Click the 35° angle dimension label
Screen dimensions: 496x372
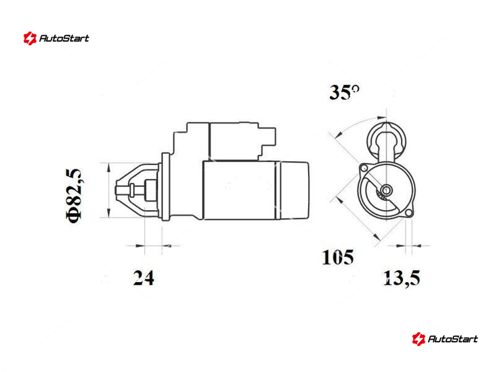tap(345, 92)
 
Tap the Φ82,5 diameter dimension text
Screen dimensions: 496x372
tap(74, 195)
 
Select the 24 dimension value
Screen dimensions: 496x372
tap(144, 278)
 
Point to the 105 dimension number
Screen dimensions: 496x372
tap(337, 257)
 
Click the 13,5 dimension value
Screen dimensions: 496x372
tap(402, 278)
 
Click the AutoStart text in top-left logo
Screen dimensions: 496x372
tap(64, 38)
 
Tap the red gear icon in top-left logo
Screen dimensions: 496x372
tap(30, 38)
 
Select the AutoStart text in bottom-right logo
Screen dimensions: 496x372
tap(453, 339)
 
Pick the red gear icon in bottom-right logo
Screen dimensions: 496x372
tap(418, 339)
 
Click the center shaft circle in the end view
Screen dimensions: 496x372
tap(386, 190)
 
